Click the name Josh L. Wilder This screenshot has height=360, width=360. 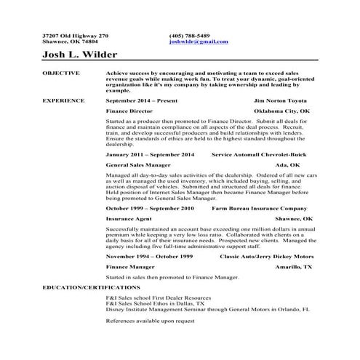[80, 55]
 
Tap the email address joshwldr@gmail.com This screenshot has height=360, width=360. [198, 41]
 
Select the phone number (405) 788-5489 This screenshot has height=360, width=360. [189, 35]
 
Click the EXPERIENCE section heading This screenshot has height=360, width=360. [63, 100]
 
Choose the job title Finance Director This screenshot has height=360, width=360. [129, 111]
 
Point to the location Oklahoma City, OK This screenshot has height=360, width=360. [281, 111]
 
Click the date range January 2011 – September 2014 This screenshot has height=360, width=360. [150, 155]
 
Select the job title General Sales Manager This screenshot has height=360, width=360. [137, 165]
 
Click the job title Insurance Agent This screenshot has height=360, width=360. [129, 218]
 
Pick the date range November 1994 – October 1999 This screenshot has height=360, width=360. [149, 257]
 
